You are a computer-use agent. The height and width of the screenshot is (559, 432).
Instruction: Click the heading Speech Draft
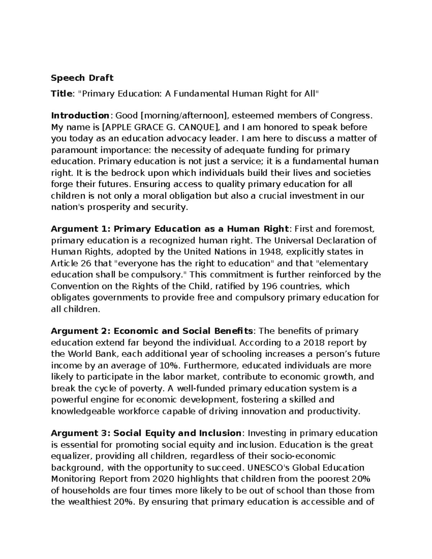[x=82, y=78]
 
